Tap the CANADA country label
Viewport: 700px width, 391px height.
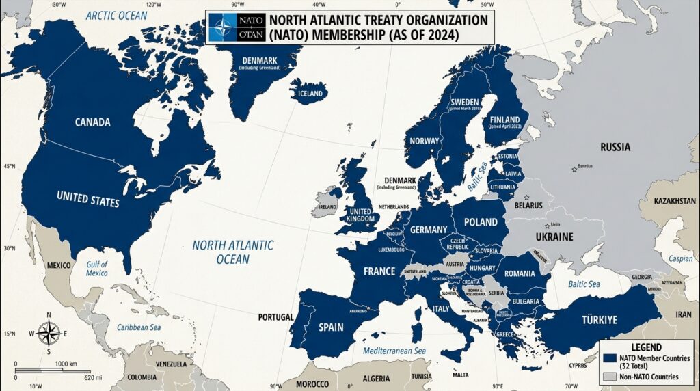pyautogui.click(x=92, y=122)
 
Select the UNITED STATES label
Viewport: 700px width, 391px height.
pyautogui.click(x=87, y=200)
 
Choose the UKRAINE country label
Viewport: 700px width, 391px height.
pyautogui.click(x=554, y=237)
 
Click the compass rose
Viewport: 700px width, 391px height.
pyautogui.click(x=49, y=334)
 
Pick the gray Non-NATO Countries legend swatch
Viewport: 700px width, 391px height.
pyautogui.click(x=610, y=377)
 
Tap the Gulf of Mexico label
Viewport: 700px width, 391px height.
pyautogui.click(x=97, y=269)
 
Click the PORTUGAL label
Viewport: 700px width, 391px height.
pyautogui.click(x=276, y=317)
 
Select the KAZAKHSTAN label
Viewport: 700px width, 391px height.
pyautogui.click(x=675, y=202)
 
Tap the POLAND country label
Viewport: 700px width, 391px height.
pyautogui.click(x=481, y=222)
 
